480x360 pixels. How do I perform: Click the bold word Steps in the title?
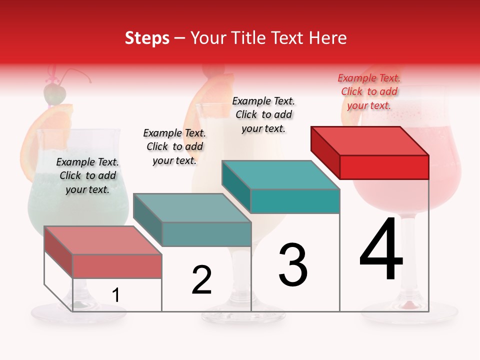click(x=147, y=38)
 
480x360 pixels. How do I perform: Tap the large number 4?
click(x=381, y=250)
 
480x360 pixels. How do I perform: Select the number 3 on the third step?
click(x=292, y=265)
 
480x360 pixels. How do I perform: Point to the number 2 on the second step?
click(x=201, y=280)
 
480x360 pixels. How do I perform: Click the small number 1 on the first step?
click(x=115, y=295)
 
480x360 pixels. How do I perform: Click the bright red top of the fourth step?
click(x=370, y=140)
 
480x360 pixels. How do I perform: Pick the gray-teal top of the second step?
click(x=192, y=208)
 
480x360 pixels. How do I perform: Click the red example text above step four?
click(x=369, y=91)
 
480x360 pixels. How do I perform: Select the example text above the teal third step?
click(x=263, y=114)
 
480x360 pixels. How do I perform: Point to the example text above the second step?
click(x=174, y=146)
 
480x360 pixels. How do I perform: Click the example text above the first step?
click(x=87, y=175)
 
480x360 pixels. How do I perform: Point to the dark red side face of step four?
click(x=325, y=150)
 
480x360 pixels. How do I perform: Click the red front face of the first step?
click(x=117, y=266)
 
